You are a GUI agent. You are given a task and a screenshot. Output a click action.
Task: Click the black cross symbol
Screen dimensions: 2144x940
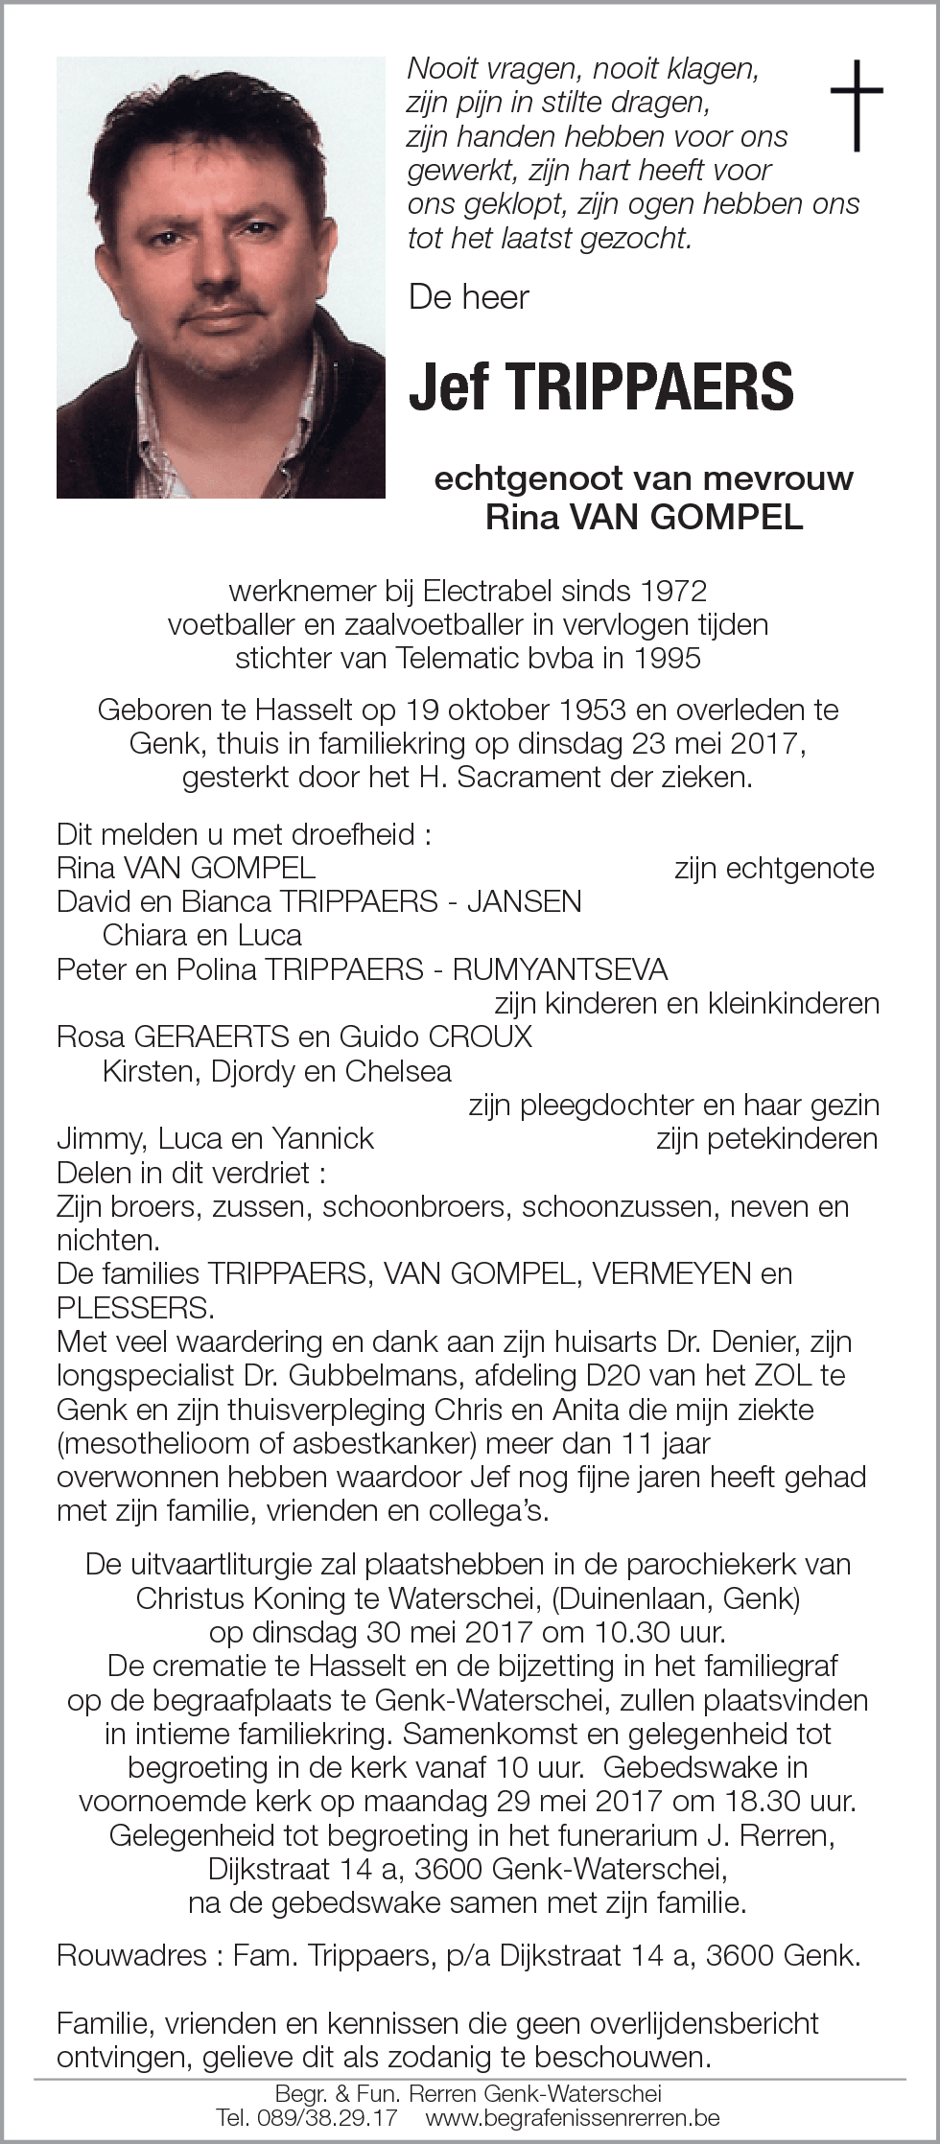[x=856, y=105]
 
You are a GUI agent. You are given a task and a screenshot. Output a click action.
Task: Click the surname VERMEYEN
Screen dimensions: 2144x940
[x=671, y=1273]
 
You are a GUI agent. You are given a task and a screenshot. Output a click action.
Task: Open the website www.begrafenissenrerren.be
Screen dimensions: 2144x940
[x=573, y=2117]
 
